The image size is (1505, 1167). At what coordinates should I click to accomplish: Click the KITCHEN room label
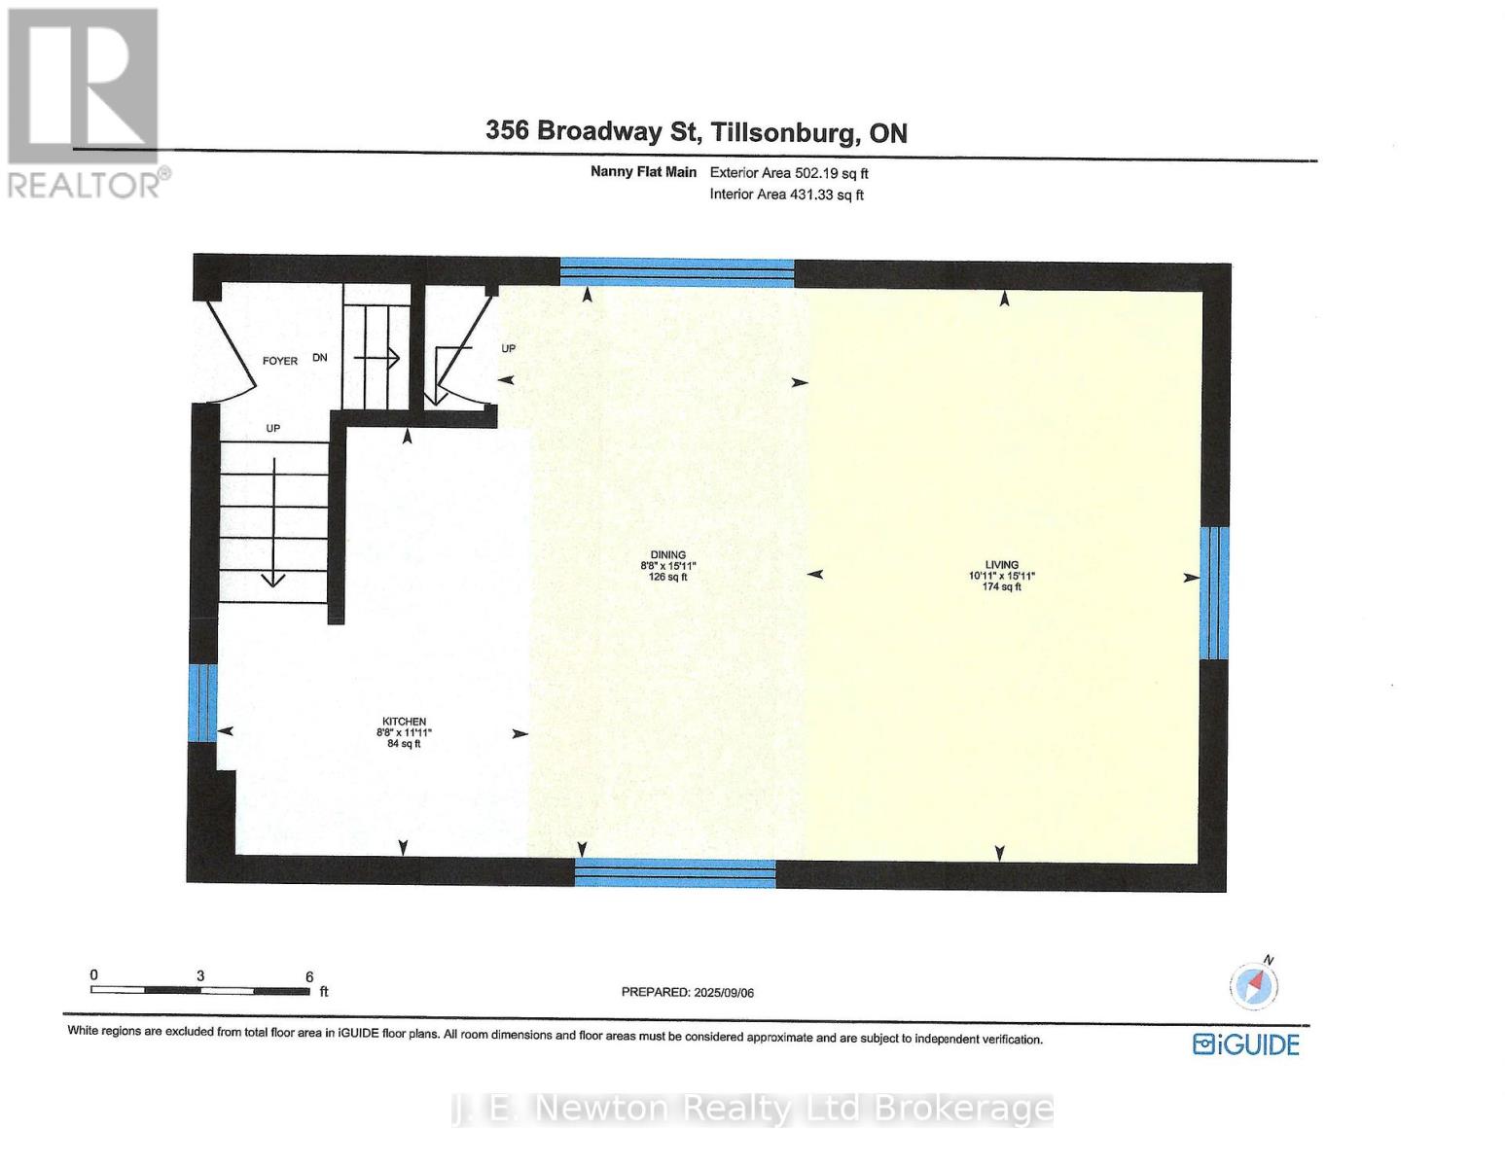tap(404, 722)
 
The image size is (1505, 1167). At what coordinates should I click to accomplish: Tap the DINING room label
tap(668, 555)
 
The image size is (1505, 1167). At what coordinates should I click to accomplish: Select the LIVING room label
tap(1001, 564)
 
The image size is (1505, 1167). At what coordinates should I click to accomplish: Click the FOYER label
tap(280, 361)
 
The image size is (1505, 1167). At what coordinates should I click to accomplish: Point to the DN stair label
tap(320, 358)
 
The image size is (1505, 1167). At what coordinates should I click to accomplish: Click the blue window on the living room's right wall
tap(1214, 592)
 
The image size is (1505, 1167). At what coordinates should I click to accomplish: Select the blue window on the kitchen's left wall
tap(202, 702)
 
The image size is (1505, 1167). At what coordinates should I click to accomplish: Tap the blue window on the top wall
tap(677, 271)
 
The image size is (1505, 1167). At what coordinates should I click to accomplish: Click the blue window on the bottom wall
tap(675, 872)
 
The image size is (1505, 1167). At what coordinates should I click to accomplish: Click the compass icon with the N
tap(1253, 985)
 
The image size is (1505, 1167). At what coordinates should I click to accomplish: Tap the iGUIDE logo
tap(1246, 1044)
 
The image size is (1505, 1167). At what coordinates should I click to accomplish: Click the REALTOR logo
tap(83, 102)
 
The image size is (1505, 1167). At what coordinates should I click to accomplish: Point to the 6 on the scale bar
tap(309, 976)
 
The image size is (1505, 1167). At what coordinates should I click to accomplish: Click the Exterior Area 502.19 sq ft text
tap(789, 173)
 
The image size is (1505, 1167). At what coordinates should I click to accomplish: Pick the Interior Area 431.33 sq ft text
tap(786, 194)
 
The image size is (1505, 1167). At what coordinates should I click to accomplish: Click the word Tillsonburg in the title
tap(784, 131)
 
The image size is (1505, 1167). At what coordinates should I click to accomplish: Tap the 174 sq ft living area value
tap(1001, 586)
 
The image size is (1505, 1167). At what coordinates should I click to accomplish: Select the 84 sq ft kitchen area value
tap(404, 744)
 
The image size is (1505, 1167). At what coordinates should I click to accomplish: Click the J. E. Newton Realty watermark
tap(752, 1109)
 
